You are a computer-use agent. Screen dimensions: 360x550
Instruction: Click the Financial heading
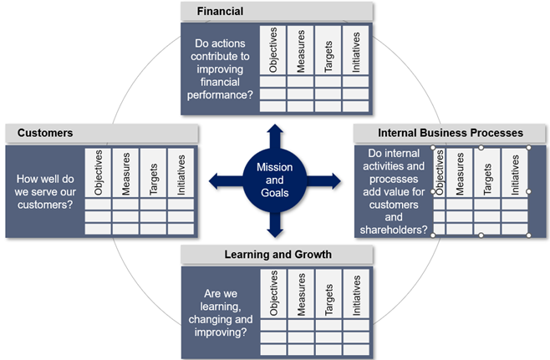(221, 12)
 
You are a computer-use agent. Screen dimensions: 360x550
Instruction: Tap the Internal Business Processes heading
(451, 133)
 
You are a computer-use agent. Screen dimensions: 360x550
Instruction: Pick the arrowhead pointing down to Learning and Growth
(274, 231)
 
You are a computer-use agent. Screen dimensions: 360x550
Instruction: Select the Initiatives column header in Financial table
(356, 52)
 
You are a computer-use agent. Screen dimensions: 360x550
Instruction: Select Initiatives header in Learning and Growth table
(356, 294)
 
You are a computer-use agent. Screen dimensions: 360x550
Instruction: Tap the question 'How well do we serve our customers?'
(45, 190)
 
